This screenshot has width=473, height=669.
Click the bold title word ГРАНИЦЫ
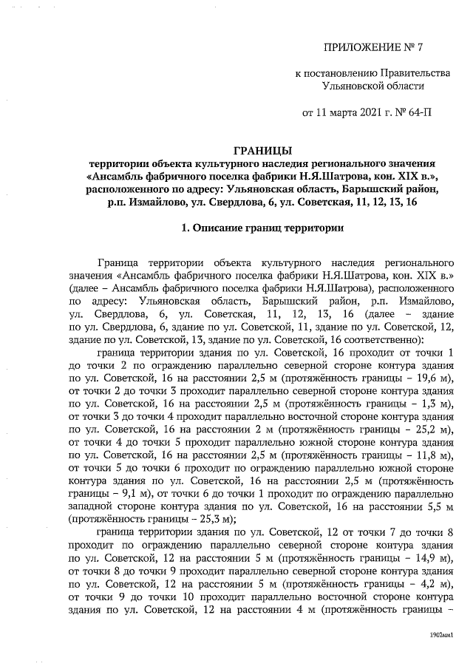click(x=262, y=151)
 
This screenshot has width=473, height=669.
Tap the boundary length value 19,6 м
click(x=435, y=378)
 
